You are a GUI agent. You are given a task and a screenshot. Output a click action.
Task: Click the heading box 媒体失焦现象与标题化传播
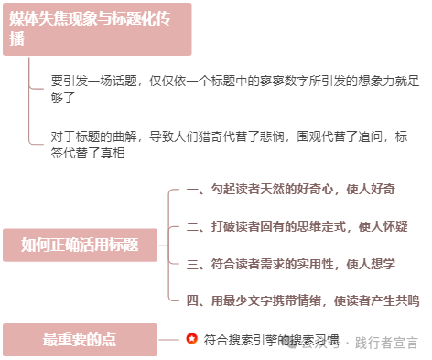pyautogui.click(x=96, y=29)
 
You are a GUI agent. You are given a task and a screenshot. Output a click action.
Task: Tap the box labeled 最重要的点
pyautogui.click(x=80, y=340)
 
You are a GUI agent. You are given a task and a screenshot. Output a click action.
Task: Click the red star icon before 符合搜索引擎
pyautogui.click(x=191, y=339)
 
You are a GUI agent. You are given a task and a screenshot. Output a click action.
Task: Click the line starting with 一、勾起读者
pyautogui.click(x=290, y=190)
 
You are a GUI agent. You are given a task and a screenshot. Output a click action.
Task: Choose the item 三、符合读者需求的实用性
pyautogui.click(x=290, y=263)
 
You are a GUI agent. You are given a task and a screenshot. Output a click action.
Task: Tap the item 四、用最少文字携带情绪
pyautogui.click(x=302, y=300)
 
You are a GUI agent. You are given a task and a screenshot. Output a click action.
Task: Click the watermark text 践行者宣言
pyautogui.click(x=385, y=344)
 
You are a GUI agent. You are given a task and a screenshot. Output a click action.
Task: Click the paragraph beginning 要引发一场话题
pyautogui.click(x=234, y=89)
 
